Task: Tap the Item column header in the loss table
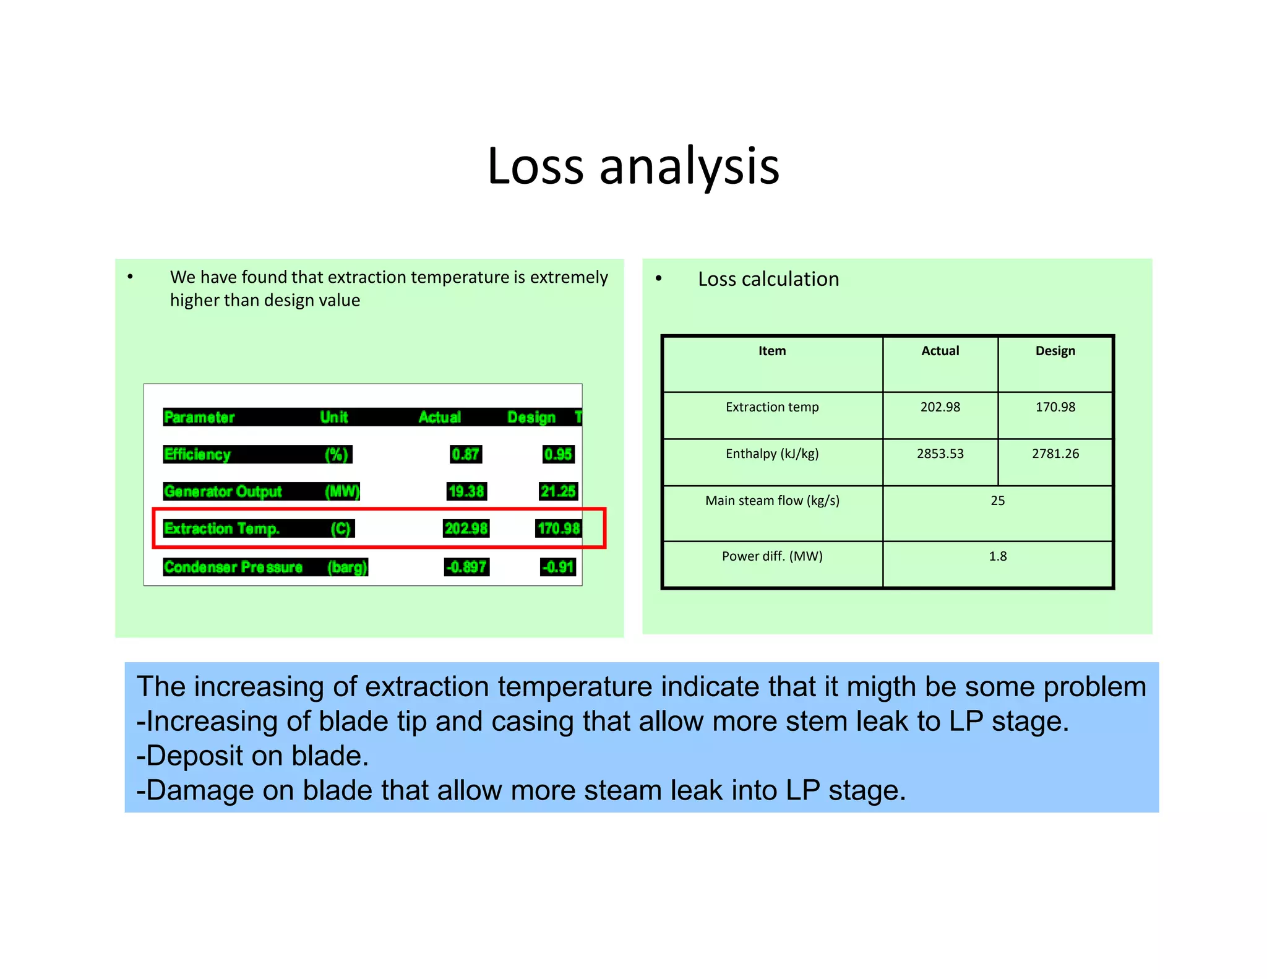(771, 351)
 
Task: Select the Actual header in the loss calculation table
(940, 351)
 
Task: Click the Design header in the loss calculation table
(1055, 351)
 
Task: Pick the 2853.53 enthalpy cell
(940, 454)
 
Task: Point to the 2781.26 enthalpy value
(1055, 454)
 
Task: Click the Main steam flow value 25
(997, 501)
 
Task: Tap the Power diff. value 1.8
(997, 556)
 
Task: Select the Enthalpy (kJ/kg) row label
(771, 454)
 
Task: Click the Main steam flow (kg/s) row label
(771, 501)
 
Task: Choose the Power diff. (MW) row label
(771, 556)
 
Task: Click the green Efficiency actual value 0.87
(465, 454)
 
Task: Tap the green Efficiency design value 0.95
(558, 454)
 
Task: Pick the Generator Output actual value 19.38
(466, 491)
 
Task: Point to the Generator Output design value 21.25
(558, 491)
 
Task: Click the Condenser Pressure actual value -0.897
(466, 567)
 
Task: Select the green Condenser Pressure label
(233, 567)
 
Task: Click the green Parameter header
(199, 417)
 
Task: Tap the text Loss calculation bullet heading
(768, 279)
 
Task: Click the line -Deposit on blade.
(252, 756)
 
